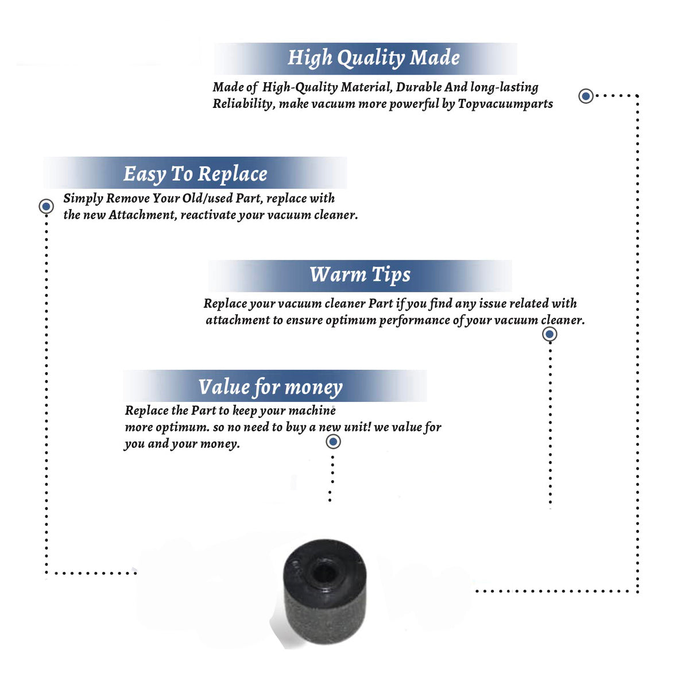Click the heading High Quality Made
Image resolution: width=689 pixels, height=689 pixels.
tap(373, 58)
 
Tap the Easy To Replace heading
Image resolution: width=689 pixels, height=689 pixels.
tap(195, 175)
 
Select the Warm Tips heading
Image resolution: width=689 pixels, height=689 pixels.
tap(359, 275)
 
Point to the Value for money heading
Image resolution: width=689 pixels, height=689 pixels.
tap(270, 388)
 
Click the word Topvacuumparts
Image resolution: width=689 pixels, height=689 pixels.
tap(505, 104)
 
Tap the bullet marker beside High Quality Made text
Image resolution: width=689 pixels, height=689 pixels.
tap(586, 96)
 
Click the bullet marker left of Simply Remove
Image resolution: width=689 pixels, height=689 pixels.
tap(46, 206)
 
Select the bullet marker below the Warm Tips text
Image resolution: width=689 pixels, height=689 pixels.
tap(549, 334)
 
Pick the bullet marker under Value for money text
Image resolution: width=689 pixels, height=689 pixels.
tap(333, 442)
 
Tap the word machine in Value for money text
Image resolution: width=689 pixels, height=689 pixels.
tap(312, 411)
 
